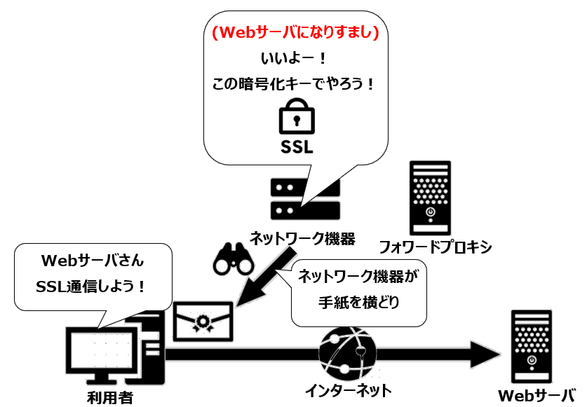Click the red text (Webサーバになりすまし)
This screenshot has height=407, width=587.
point(296,32)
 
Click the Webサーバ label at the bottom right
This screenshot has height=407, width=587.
point(537,395)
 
